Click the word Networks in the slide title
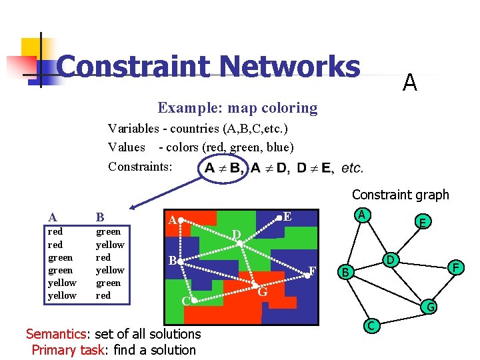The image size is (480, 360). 289,67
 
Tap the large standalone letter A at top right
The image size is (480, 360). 410,83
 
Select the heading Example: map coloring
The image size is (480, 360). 237,107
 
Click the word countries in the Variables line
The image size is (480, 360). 190,128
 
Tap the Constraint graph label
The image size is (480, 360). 400,195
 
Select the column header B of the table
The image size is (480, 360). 100,217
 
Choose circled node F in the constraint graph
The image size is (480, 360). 456,267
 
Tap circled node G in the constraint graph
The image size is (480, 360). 431,307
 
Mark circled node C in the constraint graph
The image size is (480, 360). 371,325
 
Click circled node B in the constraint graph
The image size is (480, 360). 345,271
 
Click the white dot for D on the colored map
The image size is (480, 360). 240,244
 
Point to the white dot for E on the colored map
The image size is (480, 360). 279,217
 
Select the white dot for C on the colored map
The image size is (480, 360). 193,301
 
